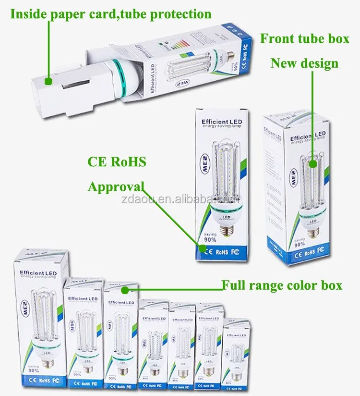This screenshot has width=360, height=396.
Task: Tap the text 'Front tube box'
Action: [x=304, y=39]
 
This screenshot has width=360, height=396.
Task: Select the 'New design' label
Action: [x=304, y=63]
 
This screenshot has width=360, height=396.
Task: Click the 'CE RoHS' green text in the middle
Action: [x=117, y=161]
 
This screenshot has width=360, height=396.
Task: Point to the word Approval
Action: [x=116, y=186]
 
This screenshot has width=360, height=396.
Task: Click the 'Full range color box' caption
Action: [x=282, y=285]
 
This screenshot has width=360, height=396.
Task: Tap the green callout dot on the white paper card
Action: [x=48, y=81]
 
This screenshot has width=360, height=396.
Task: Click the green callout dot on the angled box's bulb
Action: [x=313, y=163]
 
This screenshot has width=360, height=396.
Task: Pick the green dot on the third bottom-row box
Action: [x=125, y=290]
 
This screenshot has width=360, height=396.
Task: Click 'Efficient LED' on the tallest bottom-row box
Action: [x=38, y=273]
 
